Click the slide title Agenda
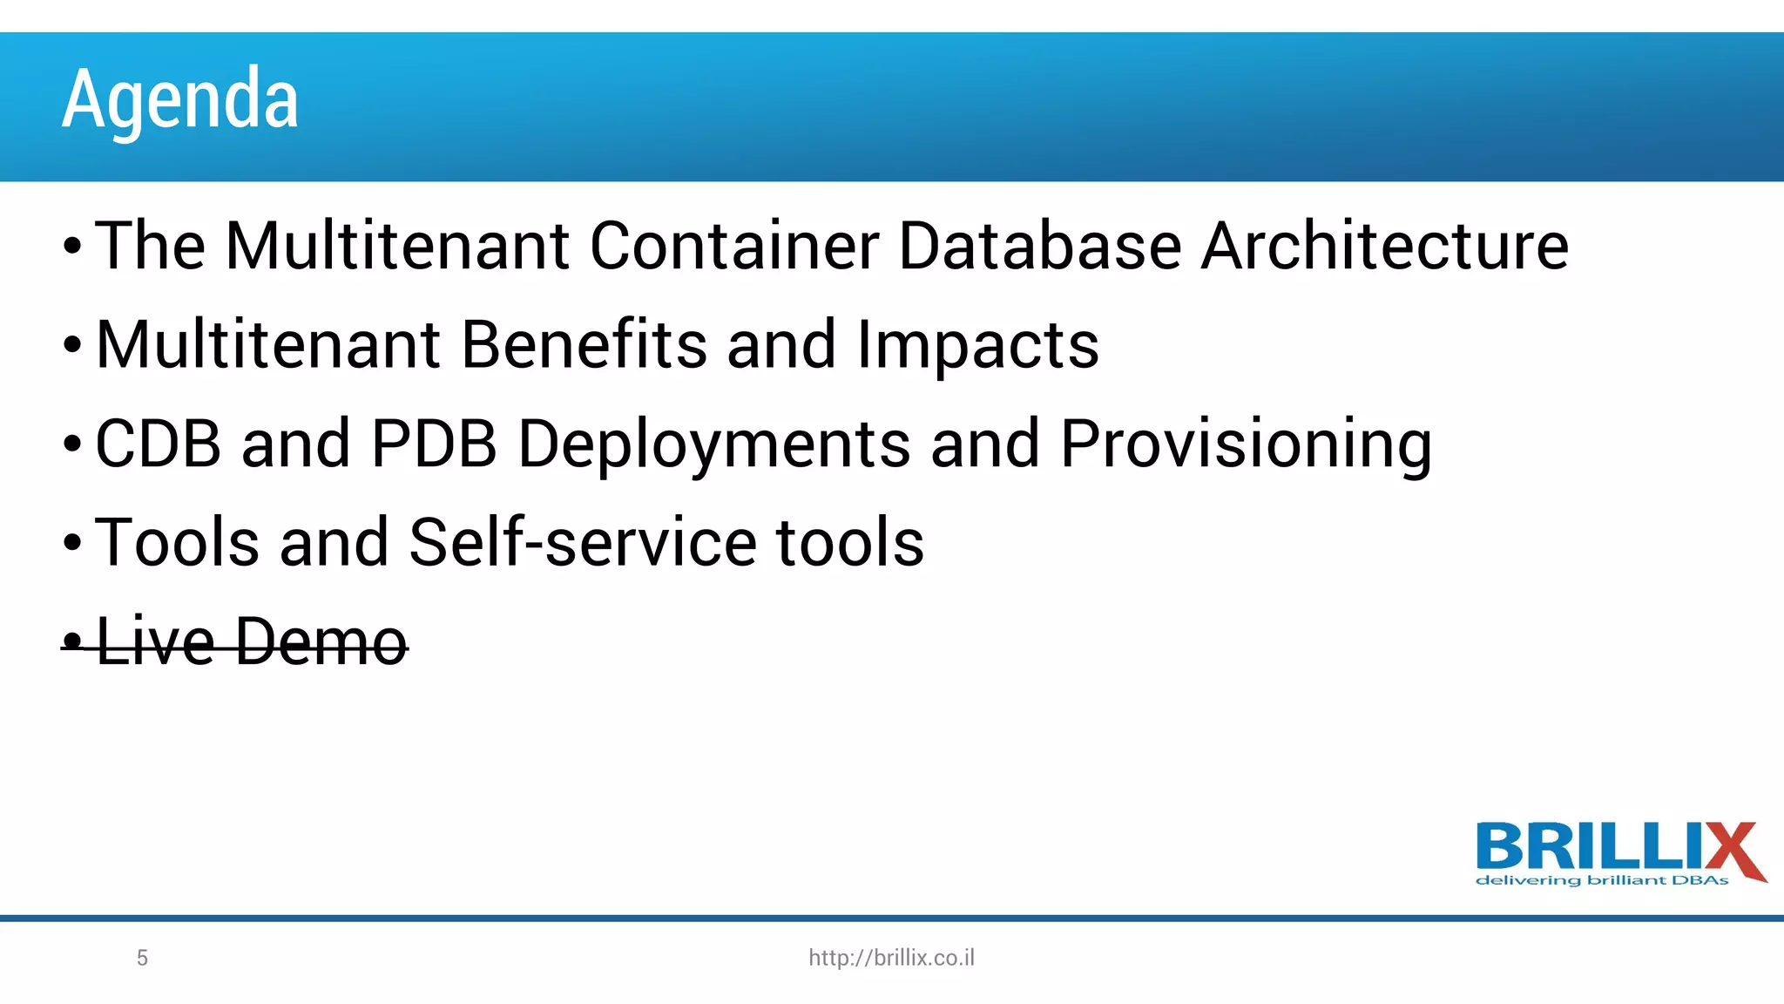(180, 98)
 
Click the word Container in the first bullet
(734, 246)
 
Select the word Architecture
(1385, 246)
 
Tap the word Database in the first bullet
(1040, 246)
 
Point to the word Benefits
(584, 344)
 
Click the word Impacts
(977, 346)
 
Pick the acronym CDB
(158, 444)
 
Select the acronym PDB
(434, 444)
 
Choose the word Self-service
(583, 542)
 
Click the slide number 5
(143, 958)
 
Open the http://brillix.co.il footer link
(891, 958)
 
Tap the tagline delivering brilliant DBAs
(1602, 880)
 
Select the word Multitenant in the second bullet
(268, 344)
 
